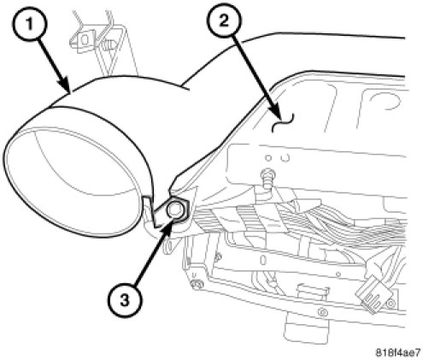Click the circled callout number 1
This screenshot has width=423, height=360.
point(30,24)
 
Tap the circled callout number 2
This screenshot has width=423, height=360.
point(225,21)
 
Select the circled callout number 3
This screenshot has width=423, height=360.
point(124,300)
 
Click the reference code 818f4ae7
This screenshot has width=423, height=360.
point(397,352)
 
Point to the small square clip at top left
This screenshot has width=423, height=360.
point(84,39)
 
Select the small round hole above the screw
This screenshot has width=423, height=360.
point(267,157)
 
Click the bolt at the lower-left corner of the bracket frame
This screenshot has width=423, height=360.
point(197,284)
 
